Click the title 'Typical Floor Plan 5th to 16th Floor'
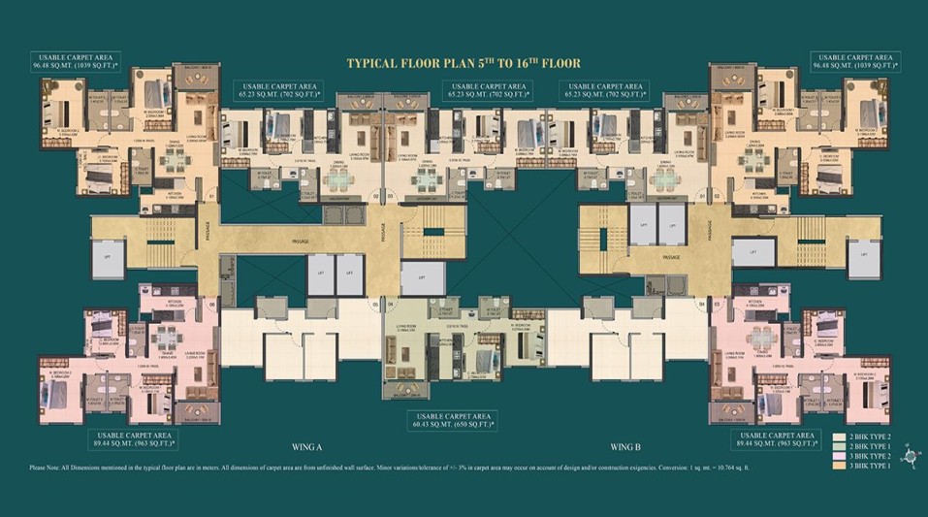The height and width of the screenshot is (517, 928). pyautogui.click(x=464, y=63)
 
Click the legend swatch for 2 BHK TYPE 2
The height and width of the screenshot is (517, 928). pyautogui.click(x=840, y=437)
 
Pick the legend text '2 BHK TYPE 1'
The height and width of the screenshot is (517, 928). pyautogui.click(x=871, y=448)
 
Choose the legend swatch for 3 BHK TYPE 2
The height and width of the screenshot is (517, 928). pyautogui.click(x=840, y=459)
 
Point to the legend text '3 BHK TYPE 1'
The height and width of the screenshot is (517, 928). pyautogui.click(x=871, y=469)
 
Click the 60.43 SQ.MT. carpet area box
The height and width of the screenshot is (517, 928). pyautogui.click(x=452, y=420)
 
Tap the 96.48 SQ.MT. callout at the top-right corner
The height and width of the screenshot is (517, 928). pyautogui.click(x=853, y=63)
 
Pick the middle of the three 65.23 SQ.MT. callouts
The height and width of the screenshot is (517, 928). pyautogui.click(x=486, y=91)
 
